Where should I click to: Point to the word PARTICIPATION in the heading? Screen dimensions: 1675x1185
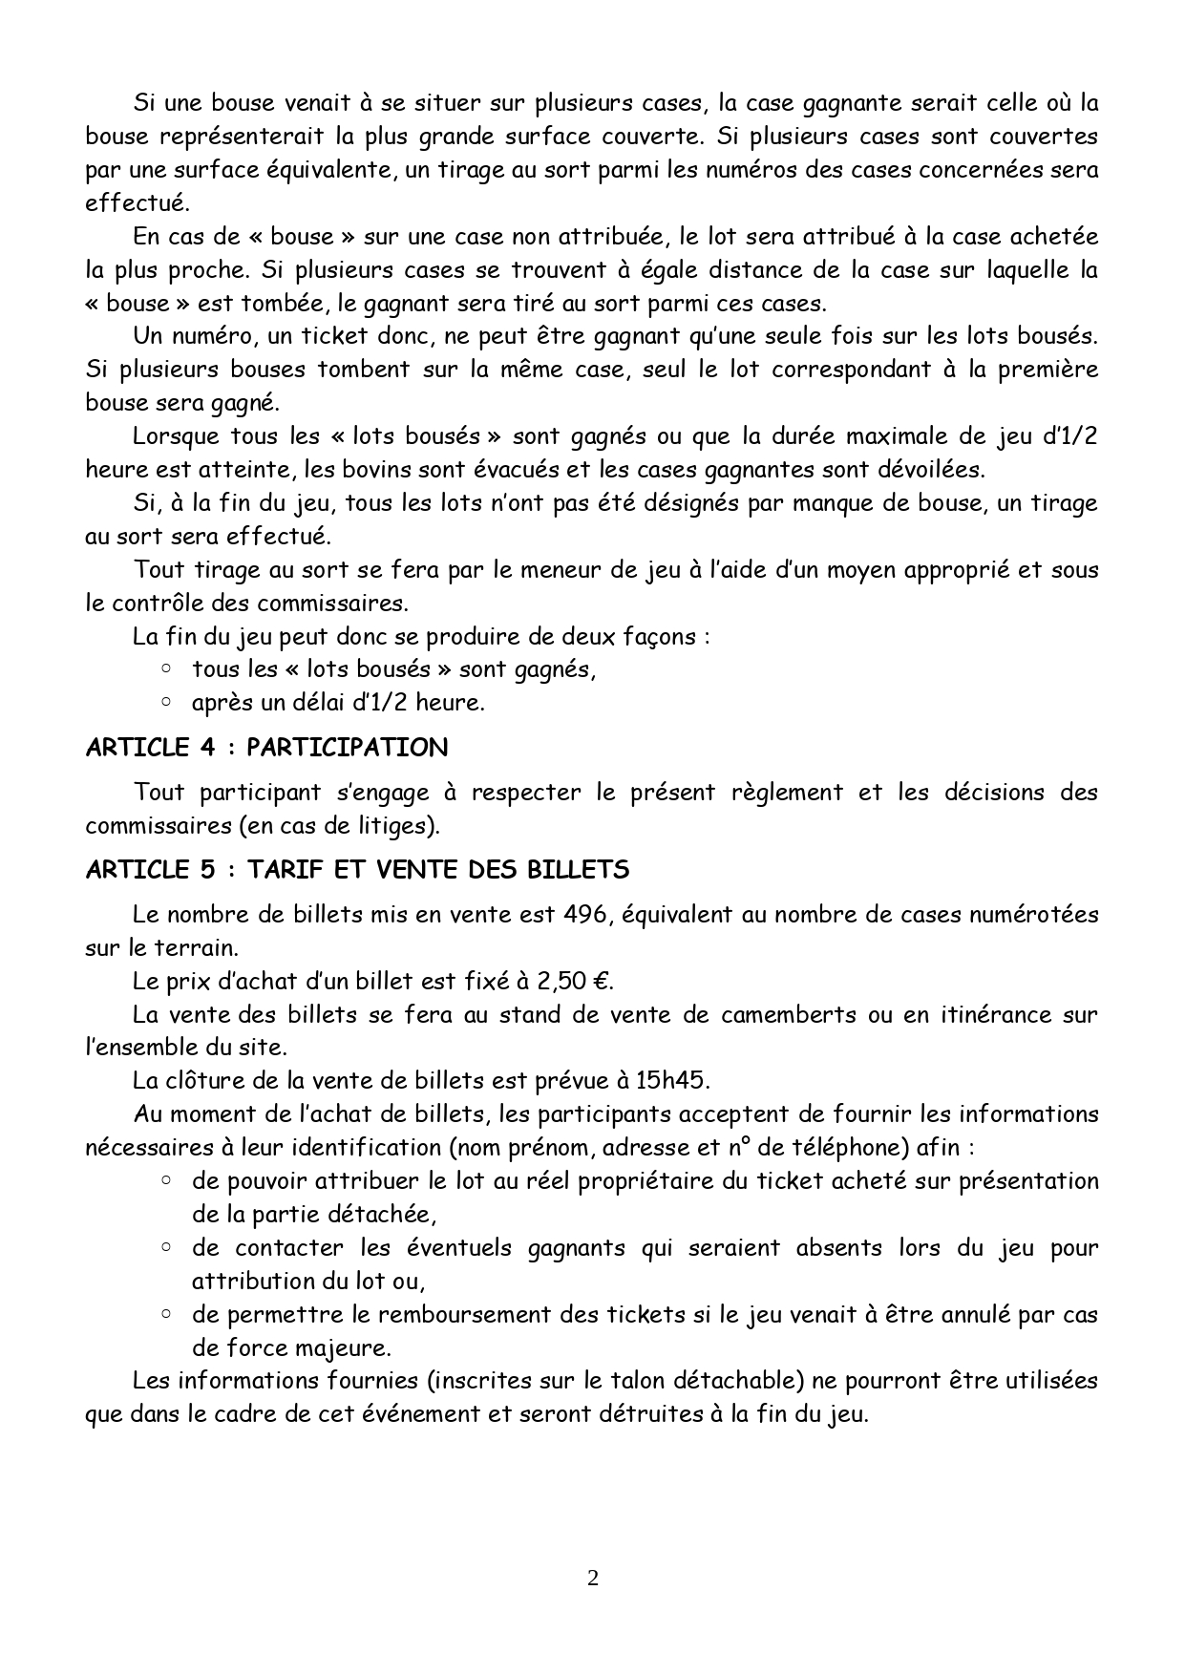click(x=347, y=747)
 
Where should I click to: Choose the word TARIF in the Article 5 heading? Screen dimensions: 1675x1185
click(x=285, y=870)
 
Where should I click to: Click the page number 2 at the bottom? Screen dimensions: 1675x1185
click(x=592, y=1579)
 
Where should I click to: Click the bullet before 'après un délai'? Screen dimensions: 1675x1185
click(x=166, y=702)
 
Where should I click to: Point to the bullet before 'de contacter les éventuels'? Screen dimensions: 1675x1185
click(x=166, y=1247)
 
